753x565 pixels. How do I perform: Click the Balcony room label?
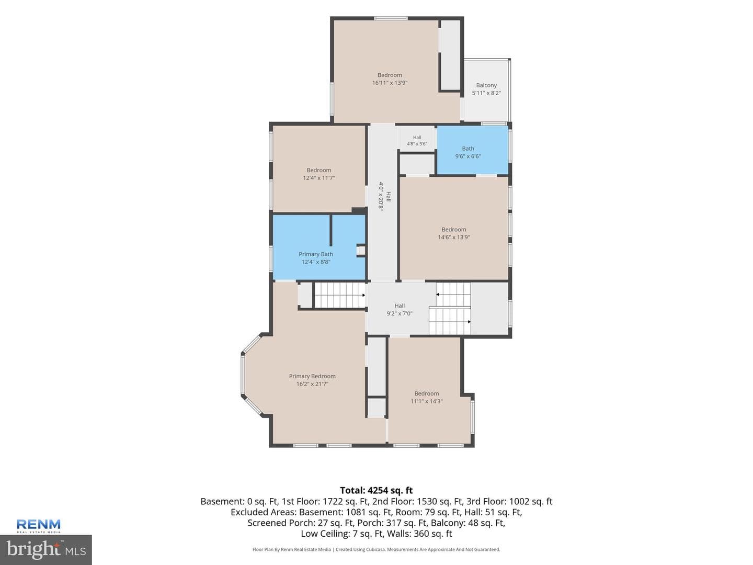(x=486, y=85)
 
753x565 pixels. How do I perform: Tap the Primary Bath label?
(x=316, y=254)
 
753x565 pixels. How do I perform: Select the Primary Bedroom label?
(x=312, y=376)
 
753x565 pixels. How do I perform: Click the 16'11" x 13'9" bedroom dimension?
(x=390, y=83)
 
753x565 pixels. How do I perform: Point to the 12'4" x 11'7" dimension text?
(x=318, y=178)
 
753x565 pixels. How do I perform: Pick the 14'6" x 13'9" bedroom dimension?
(x=453, y=237)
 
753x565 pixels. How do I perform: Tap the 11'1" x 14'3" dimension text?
(x=426, y=401)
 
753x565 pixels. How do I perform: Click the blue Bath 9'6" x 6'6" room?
(x=472, y=150)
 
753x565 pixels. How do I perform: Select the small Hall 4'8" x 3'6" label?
(x=417, y=141)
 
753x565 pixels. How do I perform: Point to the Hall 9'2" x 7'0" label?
(x=400, y=309)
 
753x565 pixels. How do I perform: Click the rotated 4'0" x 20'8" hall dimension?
(x=381, y=196)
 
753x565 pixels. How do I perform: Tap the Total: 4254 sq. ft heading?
(x=376, y=490)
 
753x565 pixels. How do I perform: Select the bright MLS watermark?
(x=46, y=550)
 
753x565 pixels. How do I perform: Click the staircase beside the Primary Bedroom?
(x=339, y=295)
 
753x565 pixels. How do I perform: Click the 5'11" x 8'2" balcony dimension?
(x=486, y=93)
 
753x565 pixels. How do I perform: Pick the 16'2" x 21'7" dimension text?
(x=312, y=384)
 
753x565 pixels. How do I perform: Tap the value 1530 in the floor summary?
(x=427, y=502)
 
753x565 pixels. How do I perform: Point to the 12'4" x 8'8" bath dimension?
(x=316, y=262)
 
